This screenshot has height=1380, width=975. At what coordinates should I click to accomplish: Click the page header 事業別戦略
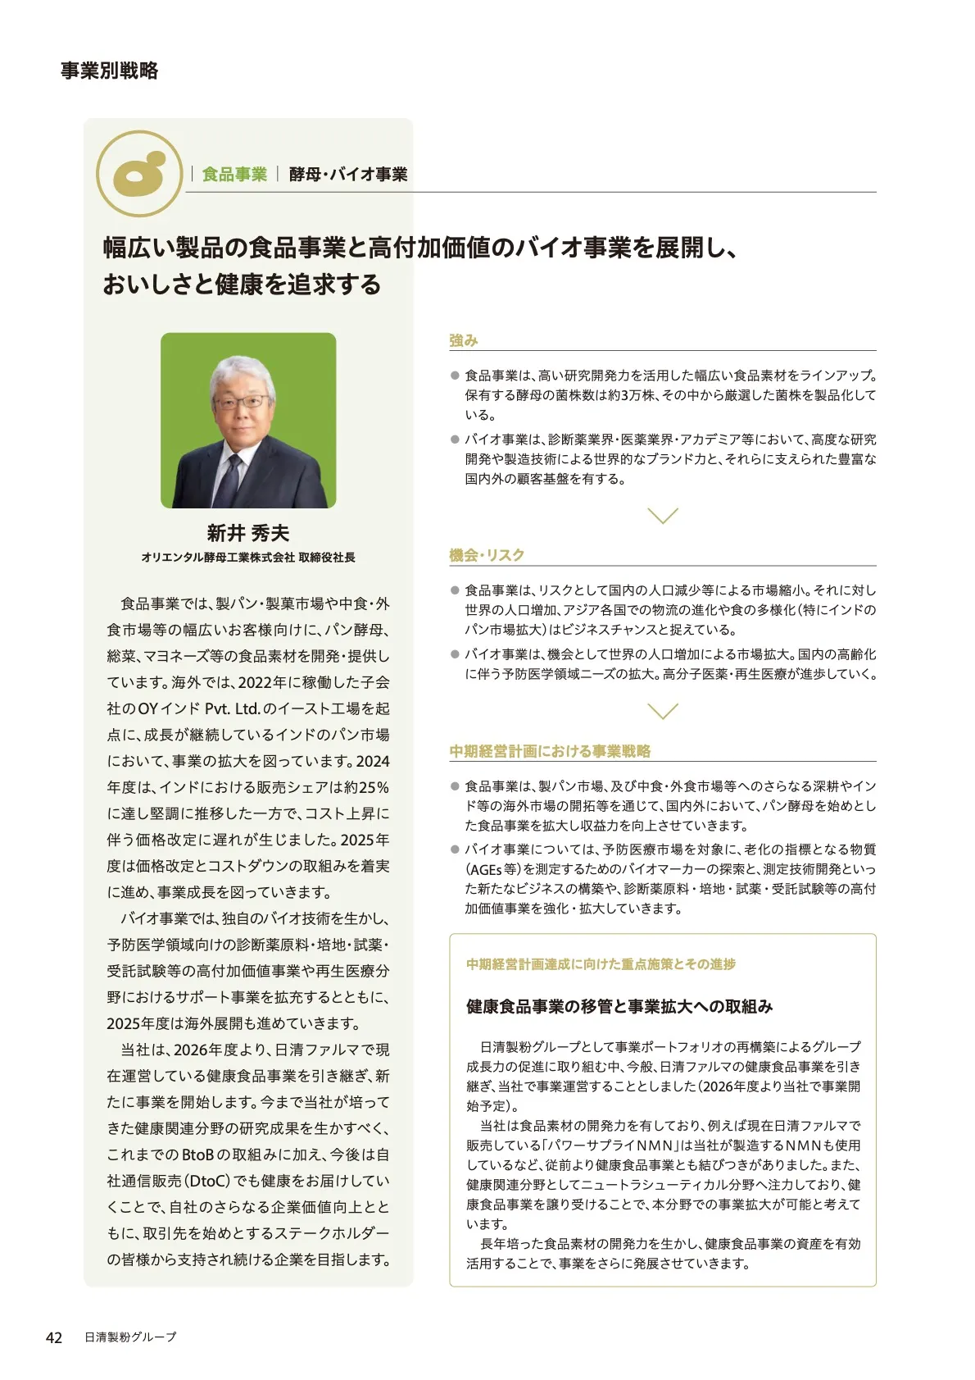coord(109,71)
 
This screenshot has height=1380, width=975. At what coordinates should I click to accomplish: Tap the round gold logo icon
coord(138,173)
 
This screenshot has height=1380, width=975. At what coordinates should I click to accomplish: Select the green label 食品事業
coord(234,174)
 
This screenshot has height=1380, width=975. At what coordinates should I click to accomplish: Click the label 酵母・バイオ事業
coord(348,174)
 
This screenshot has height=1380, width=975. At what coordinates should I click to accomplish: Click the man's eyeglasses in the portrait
coord(241,403)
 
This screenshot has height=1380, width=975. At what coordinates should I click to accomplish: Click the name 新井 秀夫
coord(247,533)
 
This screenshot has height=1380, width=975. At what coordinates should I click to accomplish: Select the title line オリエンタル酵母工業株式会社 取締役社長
coord(247,558)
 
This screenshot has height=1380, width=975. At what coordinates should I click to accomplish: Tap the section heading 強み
coord(463,340)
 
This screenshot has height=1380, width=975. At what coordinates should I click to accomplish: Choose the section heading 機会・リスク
coord(487,555)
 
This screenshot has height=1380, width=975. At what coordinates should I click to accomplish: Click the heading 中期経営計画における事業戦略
coord(550,751)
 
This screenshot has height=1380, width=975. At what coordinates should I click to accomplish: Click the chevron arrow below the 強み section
coord(662,516)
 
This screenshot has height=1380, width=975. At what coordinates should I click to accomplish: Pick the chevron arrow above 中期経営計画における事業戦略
coord(662,711)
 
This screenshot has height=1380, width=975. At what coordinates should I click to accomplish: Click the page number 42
coord(54,1337)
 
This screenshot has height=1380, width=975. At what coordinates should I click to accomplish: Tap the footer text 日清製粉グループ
coord(130,1337)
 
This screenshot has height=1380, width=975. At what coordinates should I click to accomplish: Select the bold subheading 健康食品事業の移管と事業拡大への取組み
coord(619,1006)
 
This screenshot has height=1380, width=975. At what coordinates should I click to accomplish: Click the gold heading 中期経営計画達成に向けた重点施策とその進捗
coord(601,964)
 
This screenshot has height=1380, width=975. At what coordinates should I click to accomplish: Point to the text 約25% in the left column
coord(366,787)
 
